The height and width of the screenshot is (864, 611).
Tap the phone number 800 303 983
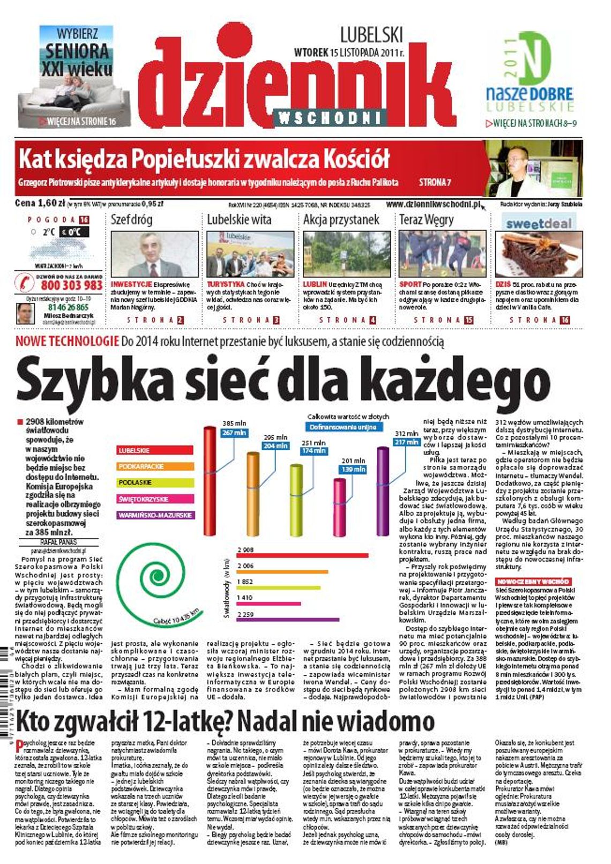click(x=71, y=285)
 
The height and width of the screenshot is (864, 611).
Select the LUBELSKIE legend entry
click(x=155, y=451)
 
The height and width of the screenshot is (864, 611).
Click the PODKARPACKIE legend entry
click(x=155, y=466)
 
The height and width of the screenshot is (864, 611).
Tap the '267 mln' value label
click(x=234, y=433)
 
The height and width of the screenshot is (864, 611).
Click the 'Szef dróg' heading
click(x=131, y=220)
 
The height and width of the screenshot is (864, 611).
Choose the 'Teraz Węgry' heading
click(x=426, y=220)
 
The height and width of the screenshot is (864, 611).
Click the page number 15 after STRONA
click(x=469, y=320)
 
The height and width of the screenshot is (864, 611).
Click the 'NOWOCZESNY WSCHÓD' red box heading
click(x=533, y=582)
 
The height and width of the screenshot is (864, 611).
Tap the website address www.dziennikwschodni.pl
click(x=433, y=204)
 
